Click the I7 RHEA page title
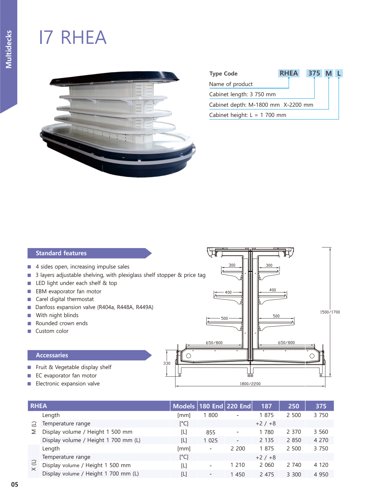pos(73,37)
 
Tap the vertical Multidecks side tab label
pos(9,49)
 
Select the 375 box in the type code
pos(314,73)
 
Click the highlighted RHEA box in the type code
pos(288,73)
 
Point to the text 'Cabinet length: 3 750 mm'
pos(242,94)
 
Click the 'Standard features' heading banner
pos(61,253)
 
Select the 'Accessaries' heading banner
pos(52,355)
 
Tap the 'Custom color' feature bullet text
pos(52,331)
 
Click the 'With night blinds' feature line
pos(57,315)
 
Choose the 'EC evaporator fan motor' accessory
pos(66,376)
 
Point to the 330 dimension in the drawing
pos(167,363)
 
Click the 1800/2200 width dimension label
pos(250,384)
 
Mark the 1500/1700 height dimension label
pos(330,312)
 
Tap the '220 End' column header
pos(238,406)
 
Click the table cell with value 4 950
pos(321,474)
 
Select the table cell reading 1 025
pos(210,441)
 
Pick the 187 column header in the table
pos(266,406)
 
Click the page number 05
pos(15,484)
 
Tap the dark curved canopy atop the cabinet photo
pos(114,77)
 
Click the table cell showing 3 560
pos(321,432)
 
